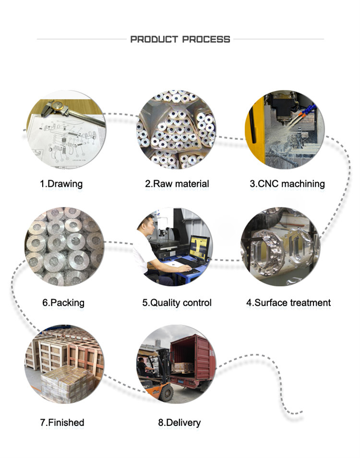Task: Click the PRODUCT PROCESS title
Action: [x=180, y=39]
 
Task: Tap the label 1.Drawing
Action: [x=61, y=184]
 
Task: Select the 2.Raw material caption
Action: [x=177, y=184]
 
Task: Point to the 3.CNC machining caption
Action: [x=288, y=184]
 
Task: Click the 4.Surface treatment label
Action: [x=288, y=302]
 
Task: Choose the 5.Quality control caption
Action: [x=177, y=303]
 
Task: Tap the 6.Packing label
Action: [x=63, y=303]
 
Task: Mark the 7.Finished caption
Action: [x=62, y=422]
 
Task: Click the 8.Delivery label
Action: [x=180, y=422]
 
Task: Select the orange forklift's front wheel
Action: [x=167, y=393]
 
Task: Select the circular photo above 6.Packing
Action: [x=64, y=247]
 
